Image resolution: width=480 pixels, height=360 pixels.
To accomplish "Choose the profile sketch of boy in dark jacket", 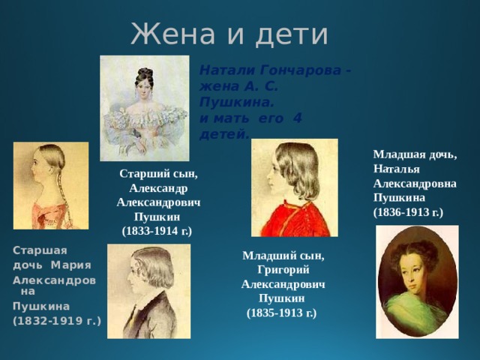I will [148, 291].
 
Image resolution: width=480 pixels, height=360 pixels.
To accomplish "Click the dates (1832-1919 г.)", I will [56, 320].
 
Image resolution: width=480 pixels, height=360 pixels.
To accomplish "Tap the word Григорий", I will [283, 269].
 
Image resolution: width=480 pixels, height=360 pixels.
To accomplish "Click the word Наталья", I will [394, 169].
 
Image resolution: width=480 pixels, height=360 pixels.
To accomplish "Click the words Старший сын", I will [158, 174].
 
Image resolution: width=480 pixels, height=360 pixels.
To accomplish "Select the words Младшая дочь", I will [414, 155].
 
